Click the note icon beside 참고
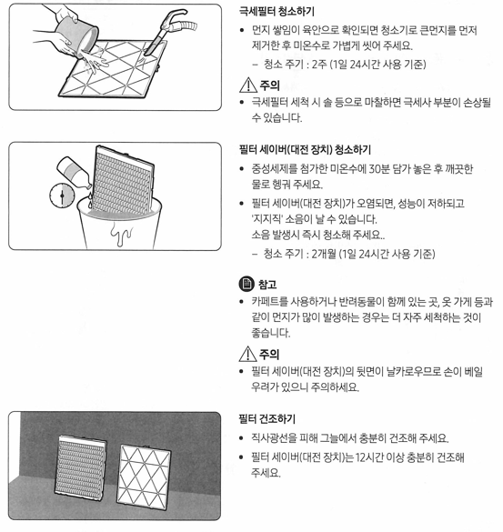pos(245,285)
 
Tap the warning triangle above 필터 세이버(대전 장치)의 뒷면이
pos(245,354)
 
